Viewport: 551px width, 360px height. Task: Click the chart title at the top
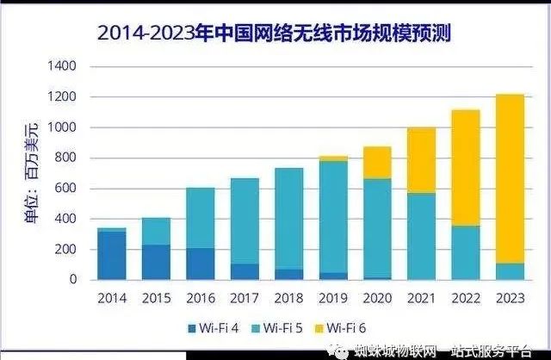(275, 34)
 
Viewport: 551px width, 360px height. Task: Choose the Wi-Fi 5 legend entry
(281, 328)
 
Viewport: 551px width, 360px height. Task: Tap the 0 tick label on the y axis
(73, 280)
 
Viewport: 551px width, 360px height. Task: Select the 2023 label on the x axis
(510, 297)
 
